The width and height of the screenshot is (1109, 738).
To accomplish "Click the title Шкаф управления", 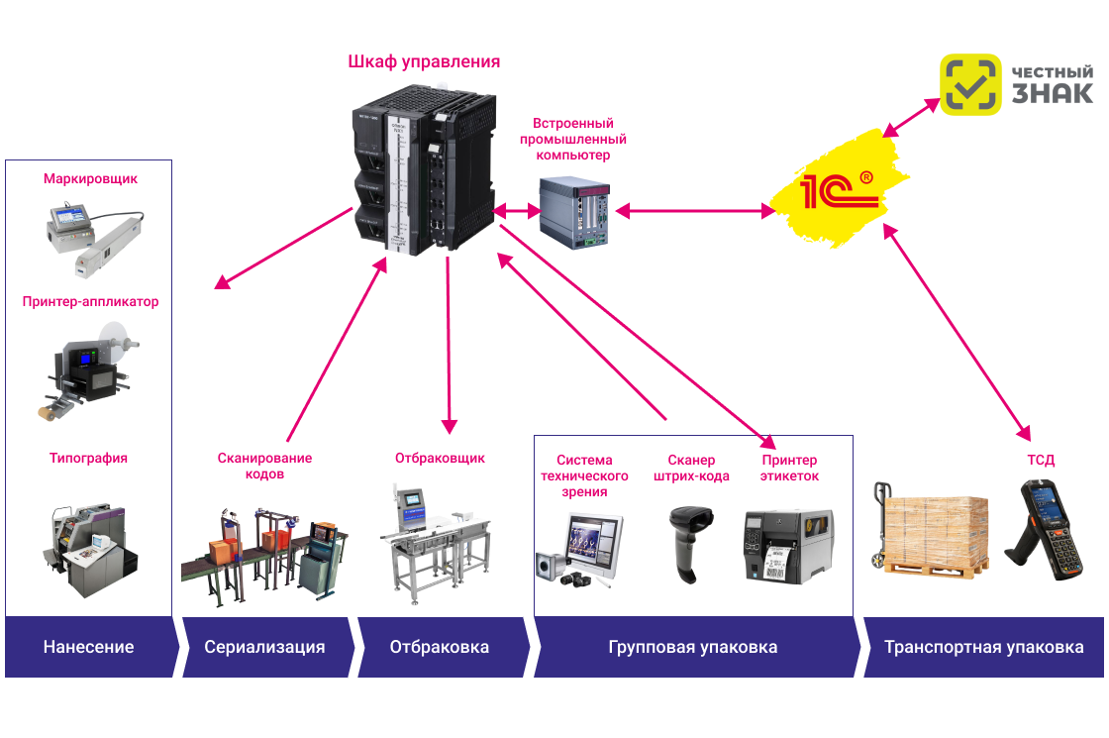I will [424, 62].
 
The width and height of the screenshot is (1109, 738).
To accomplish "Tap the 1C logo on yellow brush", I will [838, 189].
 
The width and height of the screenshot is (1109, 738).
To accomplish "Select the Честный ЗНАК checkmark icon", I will [970, 85].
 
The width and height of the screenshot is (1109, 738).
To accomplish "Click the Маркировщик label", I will [90, 179].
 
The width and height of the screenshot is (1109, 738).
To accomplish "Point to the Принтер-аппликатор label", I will [90, 301].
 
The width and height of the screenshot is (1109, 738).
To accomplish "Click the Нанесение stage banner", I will [89, 648].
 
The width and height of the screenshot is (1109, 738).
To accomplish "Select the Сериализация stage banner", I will [264, 648].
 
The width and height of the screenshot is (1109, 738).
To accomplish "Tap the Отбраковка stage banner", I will [440, 648].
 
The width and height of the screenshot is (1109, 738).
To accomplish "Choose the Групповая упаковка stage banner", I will [693, 648].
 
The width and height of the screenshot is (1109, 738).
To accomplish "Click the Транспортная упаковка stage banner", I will [983, 648].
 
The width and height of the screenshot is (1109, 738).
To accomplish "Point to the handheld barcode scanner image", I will [690, 543].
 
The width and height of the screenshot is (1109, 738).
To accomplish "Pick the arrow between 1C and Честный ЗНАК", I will [912, 117].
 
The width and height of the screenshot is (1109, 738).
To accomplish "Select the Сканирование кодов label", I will [264, 466].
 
